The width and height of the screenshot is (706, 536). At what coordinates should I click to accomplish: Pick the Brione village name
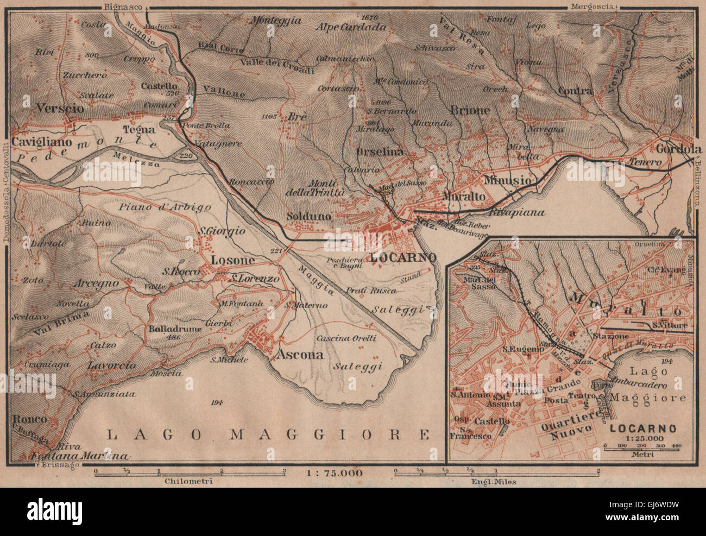pos(470,110)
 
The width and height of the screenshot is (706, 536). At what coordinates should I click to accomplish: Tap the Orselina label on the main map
pos(380,153)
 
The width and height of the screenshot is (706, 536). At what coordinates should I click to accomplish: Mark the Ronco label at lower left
pos(31,420)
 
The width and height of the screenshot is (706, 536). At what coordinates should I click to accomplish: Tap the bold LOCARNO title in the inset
pos(643,428)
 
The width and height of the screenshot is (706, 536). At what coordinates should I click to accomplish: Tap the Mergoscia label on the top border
pos(591,6)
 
